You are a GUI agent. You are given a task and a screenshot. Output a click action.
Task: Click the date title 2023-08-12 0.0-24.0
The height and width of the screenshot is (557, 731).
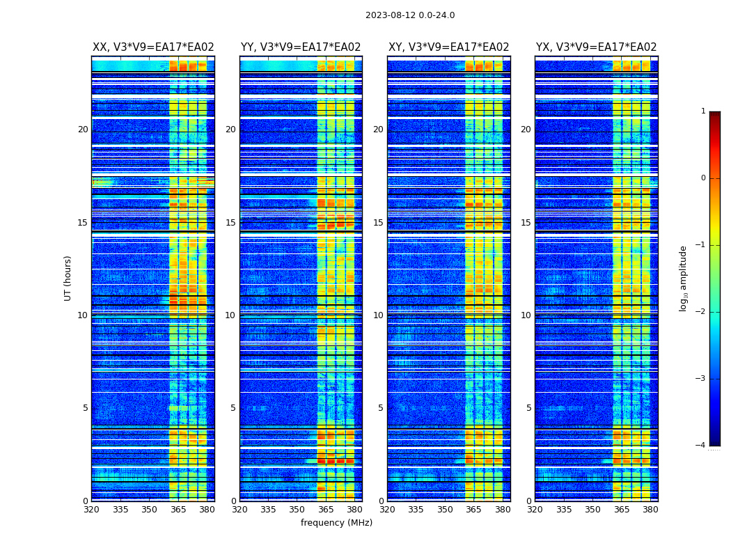[410, 15]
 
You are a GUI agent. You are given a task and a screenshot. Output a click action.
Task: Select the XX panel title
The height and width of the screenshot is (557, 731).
[153, 47]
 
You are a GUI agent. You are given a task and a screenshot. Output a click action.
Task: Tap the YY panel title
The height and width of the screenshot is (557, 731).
[301, 47]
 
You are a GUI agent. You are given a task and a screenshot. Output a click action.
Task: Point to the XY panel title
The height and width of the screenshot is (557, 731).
[448, 47]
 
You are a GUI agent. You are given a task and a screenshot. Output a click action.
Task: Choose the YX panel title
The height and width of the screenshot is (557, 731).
[596, 47]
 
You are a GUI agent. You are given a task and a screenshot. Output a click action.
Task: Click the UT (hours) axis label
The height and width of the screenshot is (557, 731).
[68, 278]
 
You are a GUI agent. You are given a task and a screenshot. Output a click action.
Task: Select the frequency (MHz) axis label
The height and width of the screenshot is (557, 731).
[336, 523]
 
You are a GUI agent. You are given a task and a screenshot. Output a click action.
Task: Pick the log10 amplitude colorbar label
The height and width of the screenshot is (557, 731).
[684, 278]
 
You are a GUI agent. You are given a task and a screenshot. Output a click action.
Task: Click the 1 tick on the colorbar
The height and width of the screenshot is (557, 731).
[703, 111]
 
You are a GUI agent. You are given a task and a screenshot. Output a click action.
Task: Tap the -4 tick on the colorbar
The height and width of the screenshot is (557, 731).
[701, 446]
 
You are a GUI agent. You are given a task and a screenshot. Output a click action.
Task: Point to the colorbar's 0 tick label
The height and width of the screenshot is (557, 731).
[703, 178]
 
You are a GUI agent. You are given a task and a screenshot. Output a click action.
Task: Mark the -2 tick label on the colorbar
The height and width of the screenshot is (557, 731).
[701, 312]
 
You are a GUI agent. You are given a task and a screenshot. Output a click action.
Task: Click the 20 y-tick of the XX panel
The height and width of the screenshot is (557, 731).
[83, 130]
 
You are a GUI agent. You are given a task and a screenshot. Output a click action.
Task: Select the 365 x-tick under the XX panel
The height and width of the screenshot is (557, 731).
[178, 510]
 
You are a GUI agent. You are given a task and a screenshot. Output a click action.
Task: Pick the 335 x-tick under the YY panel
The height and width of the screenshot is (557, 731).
[268, 510]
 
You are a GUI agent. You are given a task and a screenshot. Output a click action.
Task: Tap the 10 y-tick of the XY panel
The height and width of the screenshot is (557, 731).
[379, 315]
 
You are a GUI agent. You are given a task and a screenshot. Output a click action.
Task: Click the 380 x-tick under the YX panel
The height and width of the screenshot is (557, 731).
[650, 510]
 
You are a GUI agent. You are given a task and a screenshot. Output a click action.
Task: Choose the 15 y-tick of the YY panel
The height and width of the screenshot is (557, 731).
[230, 223]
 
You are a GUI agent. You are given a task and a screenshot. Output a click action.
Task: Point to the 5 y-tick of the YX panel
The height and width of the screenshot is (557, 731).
[528, 408]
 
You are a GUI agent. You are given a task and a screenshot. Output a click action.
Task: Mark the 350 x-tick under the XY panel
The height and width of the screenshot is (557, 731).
[445, 510]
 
